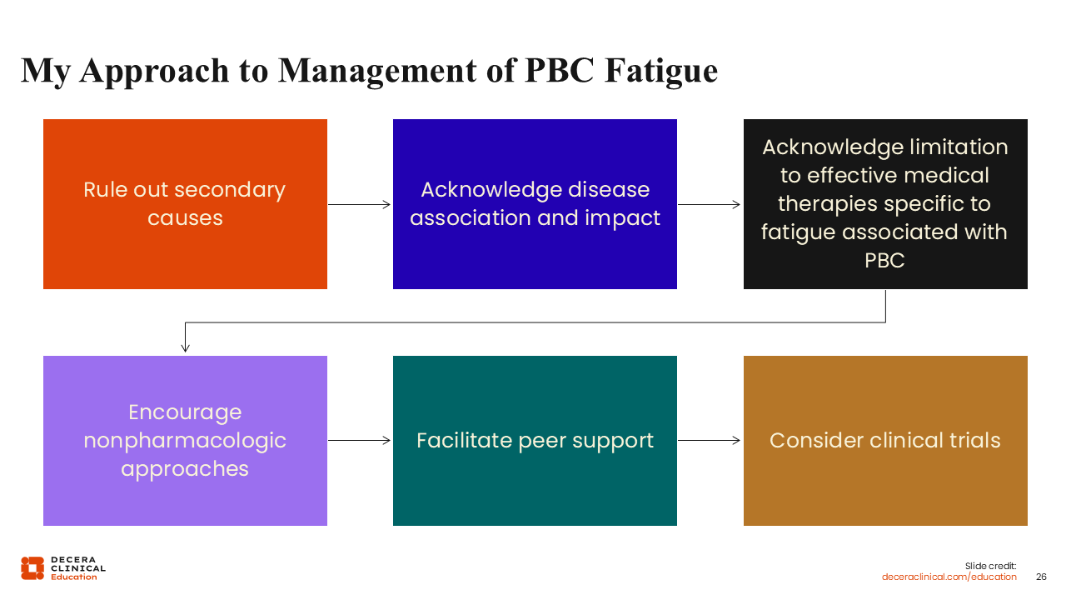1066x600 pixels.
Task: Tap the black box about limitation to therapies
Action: tap(885, 203)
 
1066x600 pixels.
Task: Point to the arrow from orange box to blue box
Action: tap(360, 204)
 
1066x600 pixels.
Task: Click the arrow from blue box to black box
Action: tap(710, 204)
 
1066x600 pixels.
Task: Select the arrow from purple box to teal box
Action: tap(360, 440)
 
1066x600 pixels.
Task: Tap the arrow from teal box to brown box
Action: tap(710, 440)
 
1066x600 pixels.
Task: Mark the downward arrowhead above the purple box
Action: tap(185, 347)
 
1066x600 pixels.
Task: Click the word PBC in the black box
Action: tap(884, 260)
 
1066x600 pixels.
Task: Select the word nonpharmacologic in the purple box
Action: tap(185, 440)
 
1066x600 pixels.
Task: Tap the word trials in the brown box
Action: tap(969, 440)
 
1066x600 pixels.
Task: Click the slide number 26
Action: tap(1041, 577)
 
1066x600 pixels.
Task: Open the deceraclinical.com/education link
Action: tap(949, 577)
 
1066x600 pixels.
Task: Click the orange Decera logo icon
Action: tap(32, 567)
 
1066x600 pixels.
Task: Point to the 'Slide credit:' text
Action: tap(991, 566)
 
